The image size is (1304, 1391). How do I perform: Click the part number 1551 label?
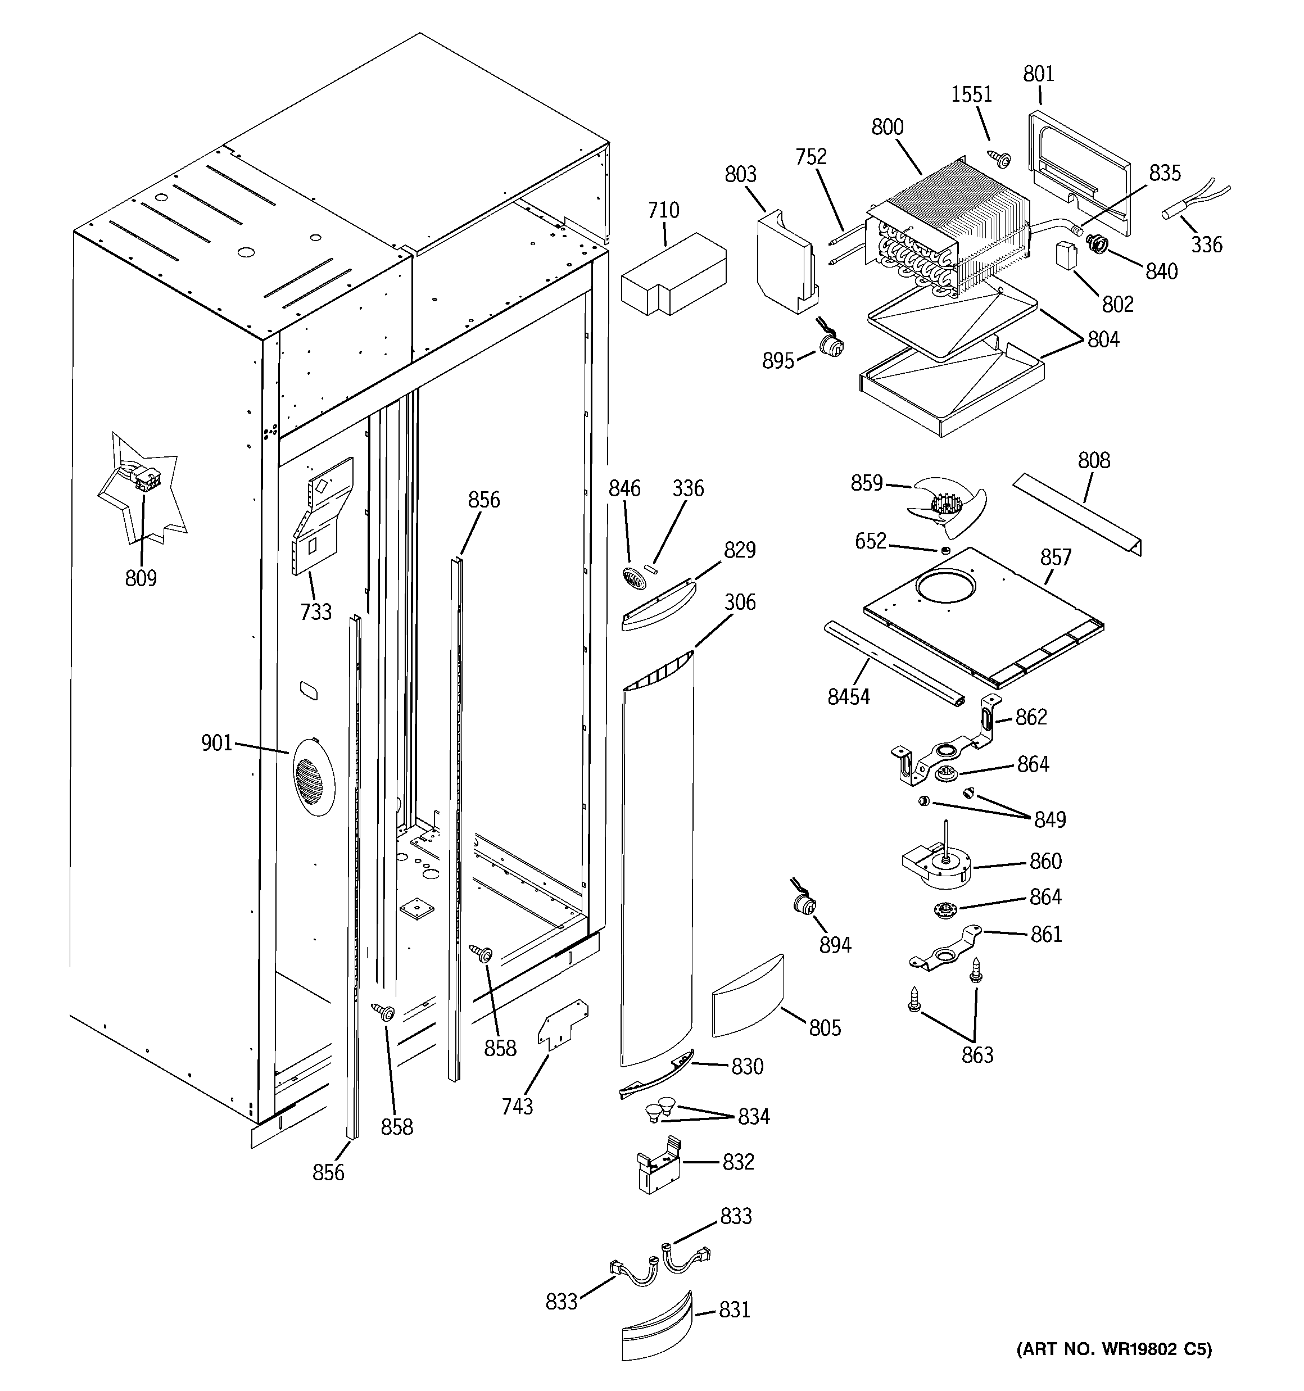point(971,94)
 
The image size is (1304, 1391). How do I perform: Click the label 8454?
point(848,697)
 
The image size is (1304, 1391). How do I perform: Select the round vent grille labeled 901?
point(312,777)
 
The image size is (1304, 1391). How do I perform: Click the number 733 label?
point(316,612)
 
